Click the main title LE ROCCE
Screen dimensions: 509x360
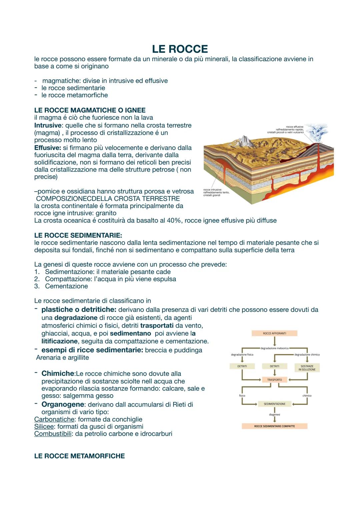tap(180, 49)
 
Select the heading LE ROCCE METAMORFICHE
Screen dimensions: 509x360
tap(79, 456)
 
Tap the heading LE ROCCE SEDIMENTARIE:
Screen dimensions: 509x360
tap(78, 235)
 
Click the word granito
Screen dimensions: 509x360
tap(106, 213)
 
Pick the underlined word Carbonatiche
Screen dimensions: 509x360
tap(54, 419)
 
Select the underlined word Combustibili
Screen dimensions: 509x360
tap(53, 434)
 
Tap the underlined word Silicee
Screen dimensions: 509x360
tap(44, 426)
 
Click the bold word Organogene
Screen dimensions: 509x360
tap(63, 404)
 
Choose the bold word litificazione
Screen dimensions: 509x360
tap(59, 341)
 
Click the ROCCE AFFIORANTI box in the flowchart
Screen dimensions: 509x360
tap(274, 333)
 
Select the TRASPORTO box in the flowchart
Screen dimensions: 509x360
tap(274, 380)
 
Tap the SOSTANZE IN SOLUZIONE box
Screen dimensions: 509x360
tap(307, 368)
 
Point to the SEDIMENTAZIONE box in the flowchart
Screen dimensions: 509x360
tap(274, 404)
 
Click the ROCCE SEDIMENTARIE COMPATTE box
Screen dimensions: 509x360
tap(274, 426)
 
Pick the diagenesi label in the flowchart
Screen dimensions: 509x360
tap(274, 415)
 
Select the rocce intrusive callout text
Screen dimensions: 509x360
tap(216, 192)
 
